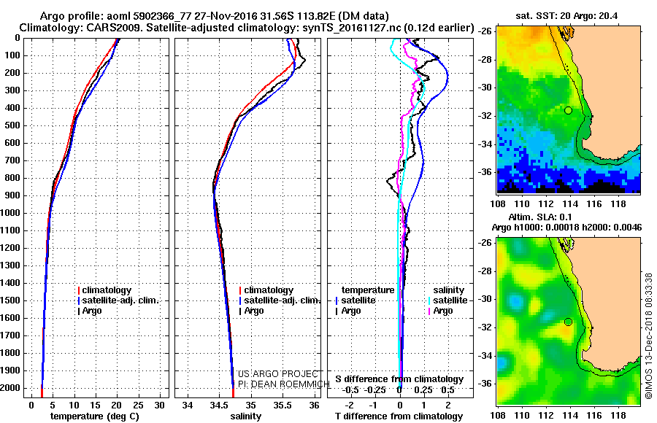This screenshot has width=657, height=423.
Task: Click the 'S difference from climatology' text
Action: click(x=399, y=379)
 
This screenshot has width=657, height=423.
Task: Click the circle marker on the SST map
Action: click(x=568, y=110)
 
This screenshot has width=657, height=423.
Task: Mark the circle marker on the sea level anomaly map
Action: click(x=568, y=322)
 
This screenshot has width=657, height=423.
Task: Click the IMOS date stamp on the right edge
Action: click(x=648, y=335)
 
